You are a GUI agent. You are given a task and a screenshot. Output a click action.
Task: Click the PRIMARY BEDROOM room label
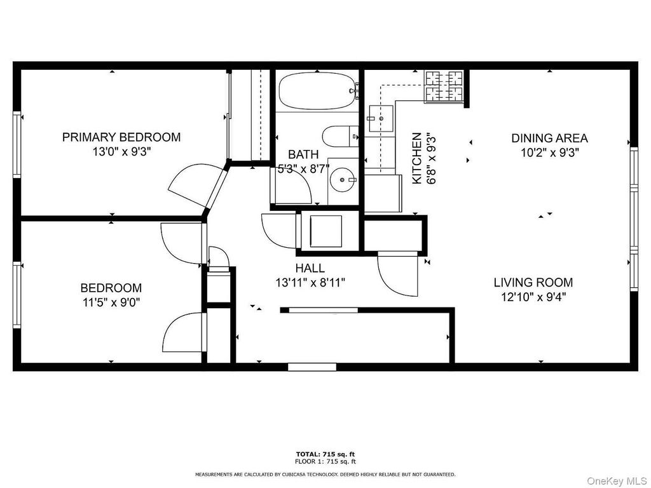121,137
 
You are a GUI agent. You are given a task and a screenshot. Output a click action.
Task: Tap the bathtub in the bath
319,91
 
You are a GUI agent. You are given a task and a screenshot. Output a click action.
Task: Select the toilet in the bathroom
341,136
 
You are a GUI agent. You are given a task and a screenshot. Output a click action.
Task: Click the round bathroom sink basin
343,180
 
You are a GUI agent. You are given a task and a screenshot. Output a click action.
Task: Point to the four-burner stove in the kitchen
443,86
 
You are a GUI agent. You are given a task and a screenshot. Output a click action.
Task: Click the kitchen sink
381,118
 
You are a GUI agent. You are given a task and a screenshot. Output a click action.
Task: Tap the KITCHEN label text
417,158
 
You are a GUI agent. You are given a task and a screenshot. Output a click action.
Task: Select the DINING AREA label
549,138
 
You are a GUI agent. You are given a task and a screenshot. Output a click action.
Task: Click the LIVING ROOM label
533,282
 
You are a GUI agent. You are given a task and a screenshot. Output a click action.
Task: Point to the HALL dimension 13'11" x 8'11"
310,283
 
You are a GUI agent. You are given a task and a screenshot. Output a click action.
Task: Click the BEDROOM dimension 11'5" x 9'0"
111,302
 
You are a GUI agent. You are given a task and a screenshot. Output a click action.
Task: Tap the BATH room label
303,154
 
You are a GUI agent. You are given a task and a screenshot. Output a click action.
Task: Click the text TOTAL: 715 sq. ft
325,454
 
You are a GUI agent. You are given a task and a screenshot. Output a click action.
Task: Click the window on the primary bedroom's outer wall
17,144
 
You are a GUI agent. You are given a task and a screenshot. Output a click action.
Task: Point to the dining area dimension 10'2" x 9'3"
550,152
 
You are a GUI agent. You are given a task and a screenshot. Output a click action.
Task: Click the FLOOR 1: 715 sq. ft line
325,461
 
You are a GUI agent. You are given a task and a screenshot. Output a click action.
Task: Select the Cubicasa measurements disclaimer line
325,474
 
